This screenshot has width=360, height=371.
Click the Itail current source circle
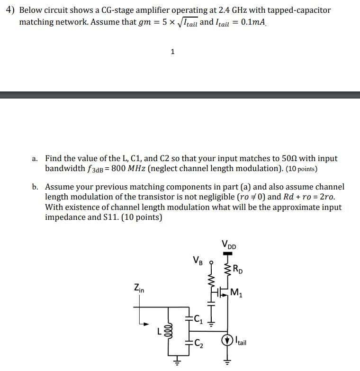click(228, 340)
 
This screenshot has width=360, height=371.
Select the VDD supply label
click(229, 245)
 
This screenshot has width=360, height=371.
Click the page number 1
click(172, 52)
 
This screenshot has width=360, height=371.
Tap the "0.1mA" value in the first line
click(253, 22)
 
